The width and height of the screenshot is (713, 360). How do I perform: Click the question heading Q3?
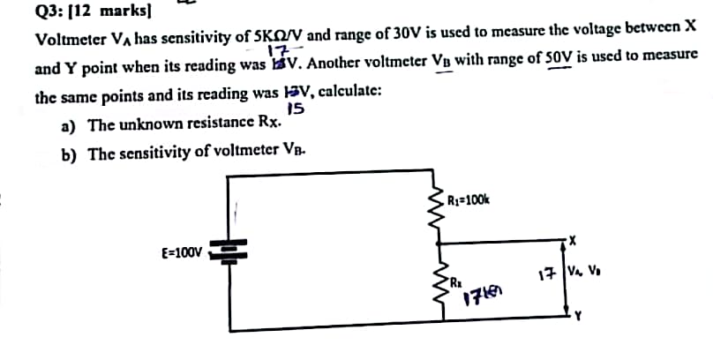(x=49, y=12)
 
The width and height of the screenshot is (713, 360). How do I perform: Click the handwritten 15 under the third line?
(x=296, y=109)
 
